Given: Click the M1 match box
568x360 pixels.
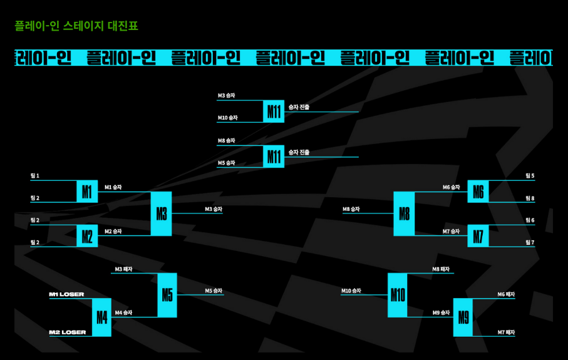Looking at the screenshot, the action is tap(87, 192).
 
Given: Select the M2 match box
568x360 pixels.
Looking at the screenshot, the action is tap(87, 236).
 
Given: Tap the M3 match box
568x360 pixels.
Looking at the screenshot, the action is tap(161, 213).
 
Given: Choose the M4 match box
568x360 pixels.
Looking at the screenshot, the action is tap(102, 317).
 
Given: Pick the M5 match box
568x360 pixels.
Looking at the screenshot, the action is tap(167, 295).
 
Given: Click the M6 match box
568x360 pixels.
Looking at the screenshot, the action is tap(478, 192).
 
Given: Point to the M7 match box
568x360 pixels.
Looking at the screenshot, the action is tap(478, 236).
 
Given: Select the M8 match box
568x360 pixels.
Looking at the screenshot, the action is tap(404, 213).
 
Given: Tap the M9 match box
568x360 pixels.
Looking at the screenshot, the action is tap(463, 317).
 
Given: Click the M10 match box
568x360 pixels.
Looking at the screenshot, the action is tap(398, 295).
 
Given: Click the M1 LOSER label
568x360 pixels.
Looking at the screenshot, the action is tap(66, 294).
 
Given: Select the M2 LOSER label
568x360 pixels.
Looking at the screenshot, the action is tap(68, 332).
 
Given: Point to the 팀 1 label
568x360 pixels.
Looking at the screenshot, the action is tap(35, 176).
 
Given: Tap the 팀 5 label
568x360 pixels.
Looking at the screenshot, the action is tap(530, 176).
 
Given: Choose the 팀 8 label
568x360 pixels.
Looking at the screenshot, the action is tap(530, 198).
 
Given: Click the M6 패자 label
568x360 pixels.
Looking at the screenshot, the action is tap(506, 294).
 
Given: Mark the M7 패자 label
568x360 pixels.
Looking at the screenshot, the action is tap(506, 332).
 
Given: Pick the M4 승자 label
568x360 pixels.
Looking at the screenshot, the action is tap(123, 312).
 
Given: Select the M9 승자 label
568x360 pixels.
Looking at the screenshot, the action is tap(441, 312).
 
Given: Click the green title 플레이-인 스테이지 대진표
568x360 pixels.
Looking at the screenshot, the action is tap(76, 26).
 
